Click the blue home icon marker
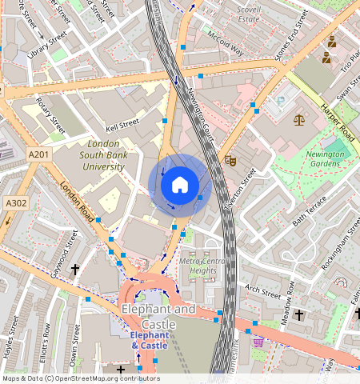click(x=180, y=186)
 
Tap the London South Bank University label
click(x=104, y=155)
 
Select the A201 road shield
click(x=38, y=154)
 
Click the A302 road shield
click(x=15, y=203)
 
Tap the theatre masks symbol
click(x=229, y=160)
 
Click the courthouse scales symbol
click(x=299, y=120)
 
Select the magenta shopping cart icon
click(x=258, y=342)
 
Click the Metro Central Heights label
click(x=203, y=266)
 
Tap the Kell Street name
click(x=122, y=126)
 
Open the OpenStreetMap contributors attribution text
click(x=80, y=378)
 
